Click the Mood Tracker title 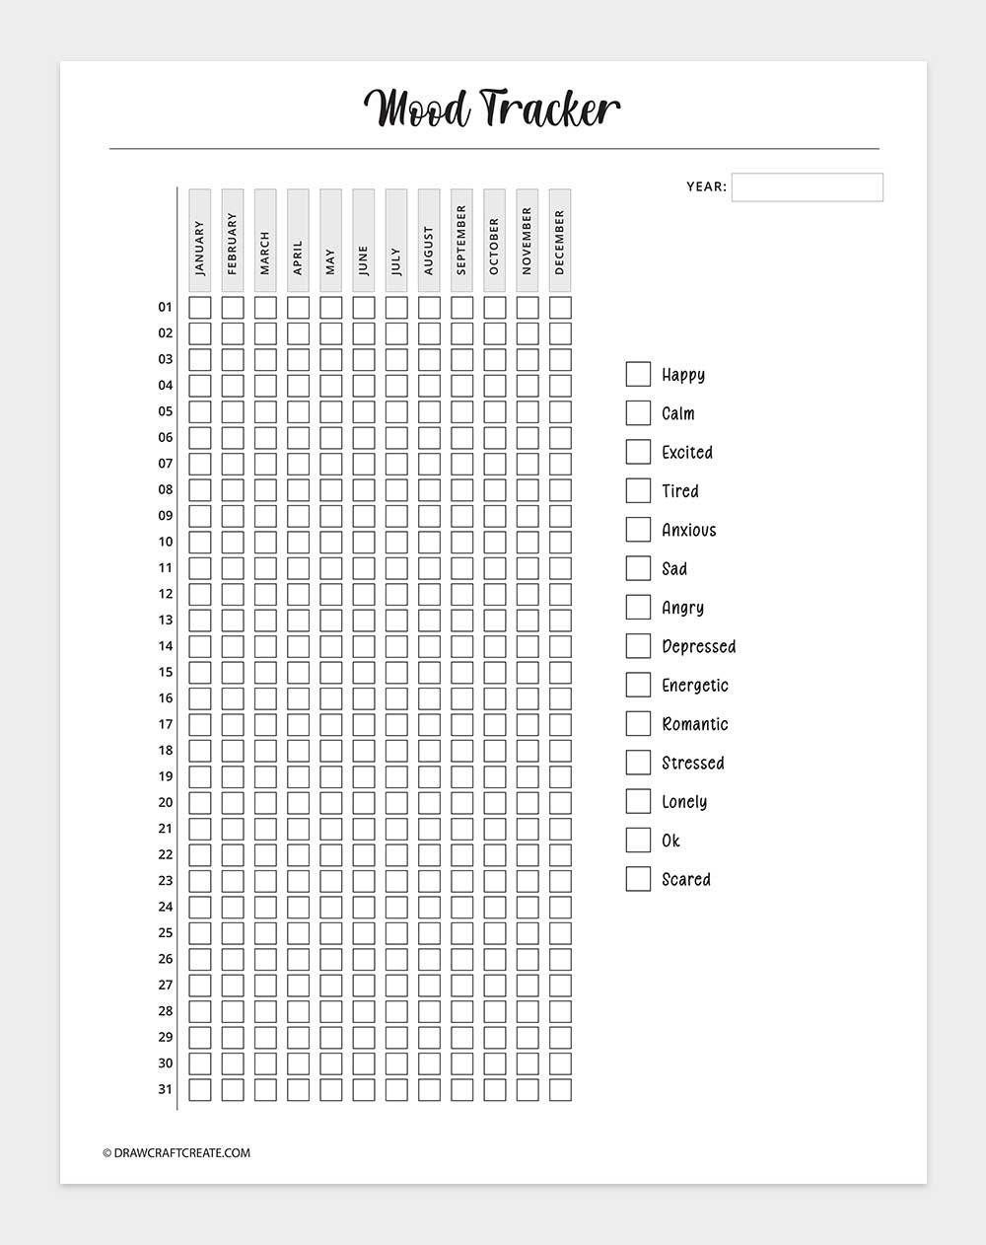point(492,109)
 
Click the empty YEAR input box point(807,186)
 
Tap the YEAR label point(706,186)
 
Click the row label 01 point(165,307)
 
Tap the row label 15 point(165,672)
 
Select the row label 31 point(165,1089)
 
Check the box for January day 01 point(199,307)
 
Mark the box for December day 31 point(560,1089)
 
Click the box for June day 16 point(364,698)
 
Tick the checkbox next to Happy point(638,374)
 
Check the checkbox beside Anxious point(638,530)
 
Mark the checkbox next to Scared point(638,879)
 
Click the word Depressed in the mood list point(699,646)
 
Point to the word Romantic point(695,724)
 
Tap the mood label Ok point(670,841)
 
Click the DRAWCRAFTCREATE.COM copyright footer point(176,1152)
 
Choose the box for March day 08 point(265,489)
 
